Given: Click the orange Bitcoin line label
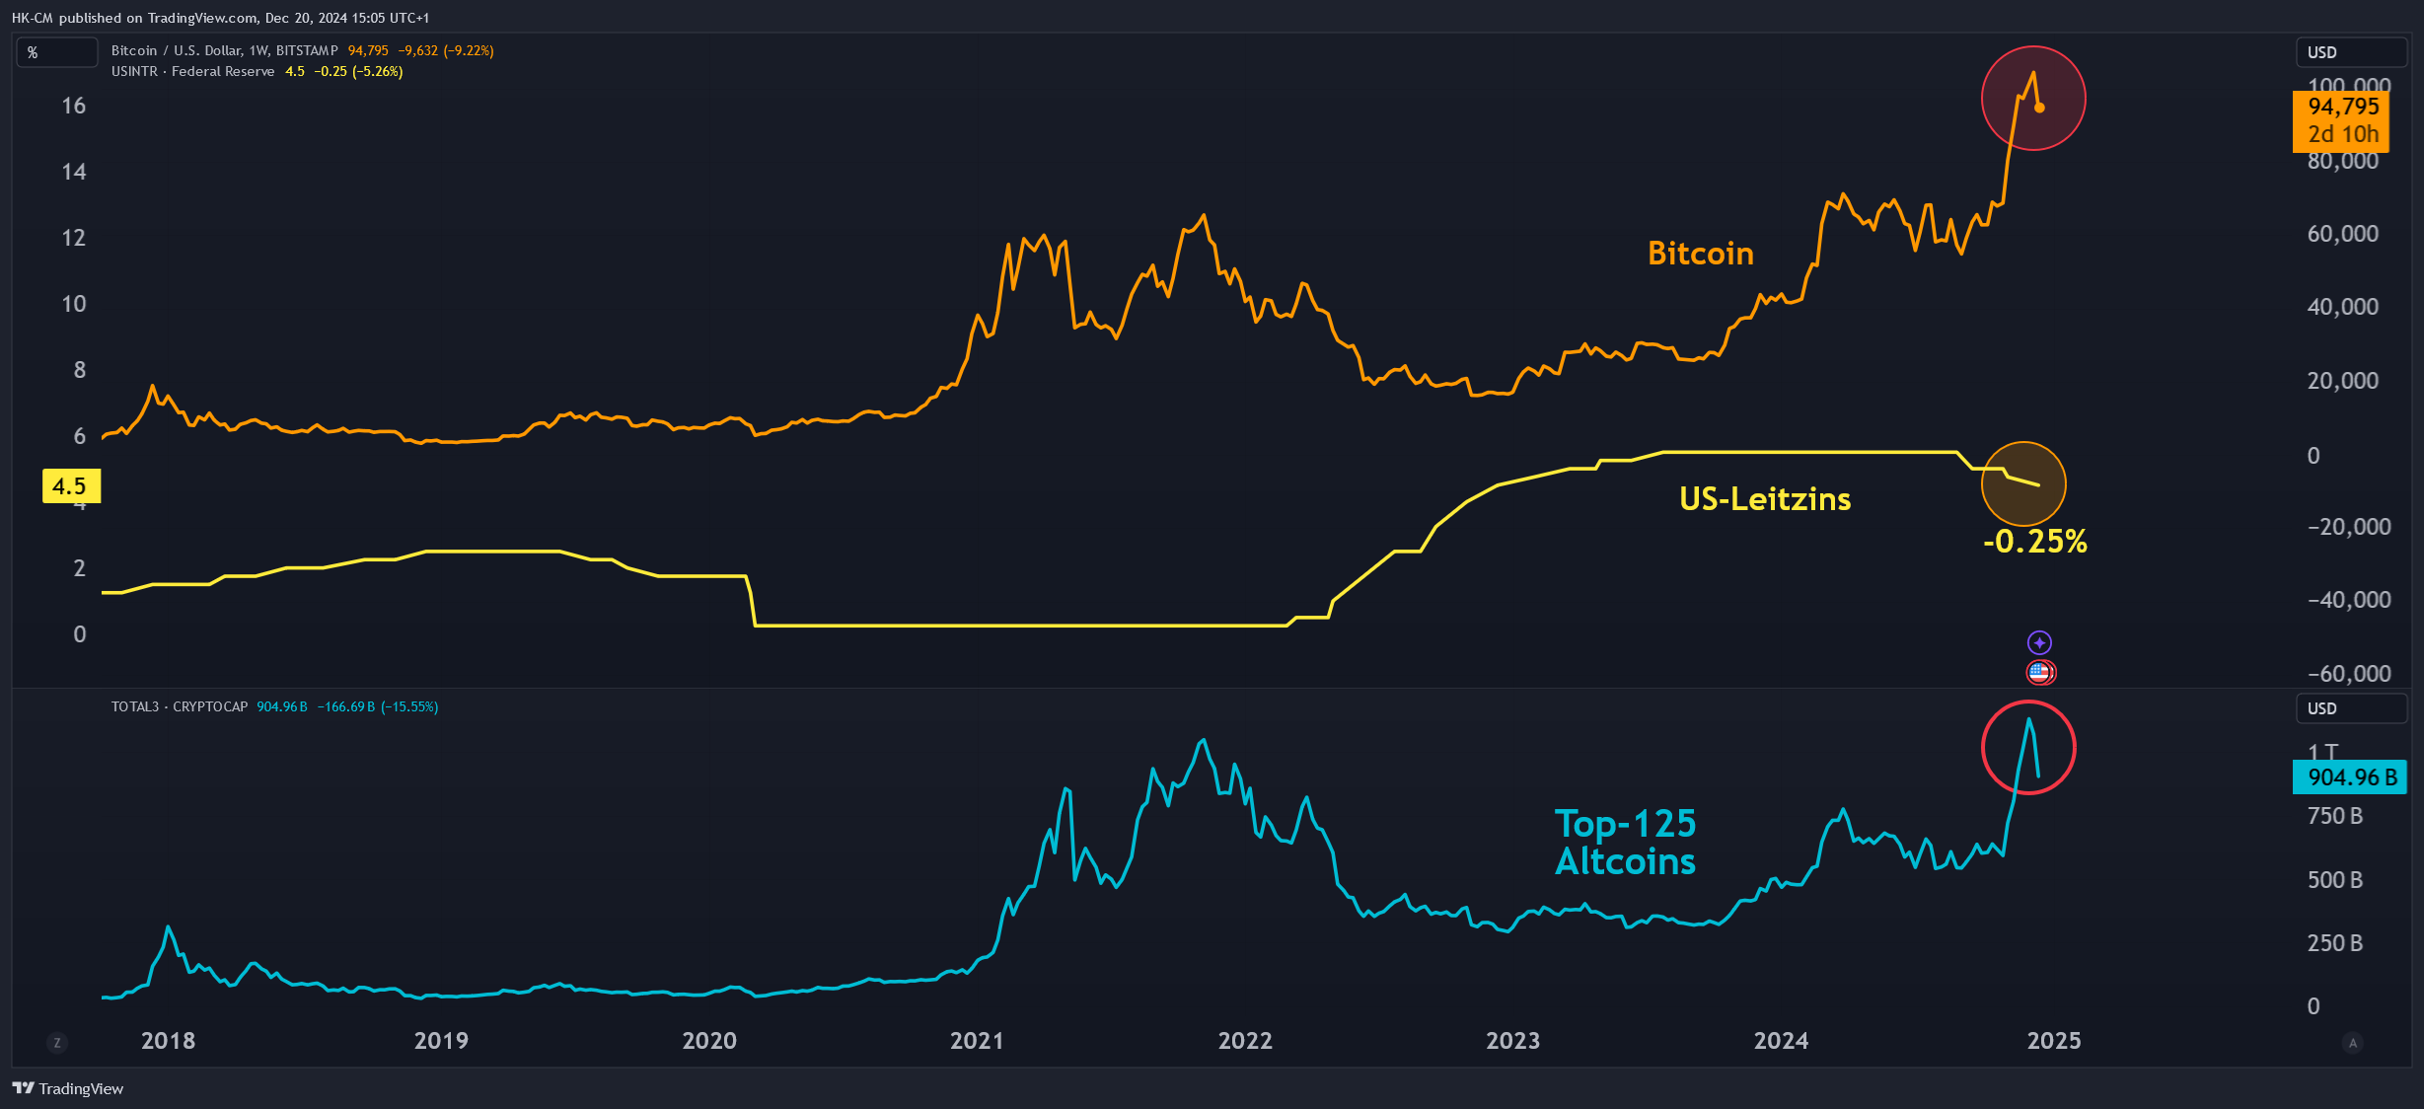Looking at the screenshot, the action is [1701, 254].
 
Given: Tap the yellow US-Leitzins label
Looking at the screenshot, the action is [1765, 499].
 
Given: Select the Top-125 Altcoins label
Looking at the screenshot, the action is [1626, 843].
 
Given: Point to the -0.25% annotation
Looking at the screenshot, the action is [2035, 541].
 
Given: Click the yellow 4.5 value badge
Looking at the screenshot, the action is [70, 486].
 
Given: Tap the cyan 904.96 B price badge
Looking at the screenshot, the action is [2350, 777].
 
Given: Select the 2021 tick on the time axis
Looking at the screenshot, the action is [977, 1041].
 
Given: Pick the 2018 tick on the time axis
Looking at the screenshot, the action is [169, 1041].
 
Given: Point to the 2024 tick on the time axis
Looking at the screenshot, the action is [1781, 1041].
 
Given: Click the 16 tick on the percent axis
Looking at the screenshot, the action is [74, 106].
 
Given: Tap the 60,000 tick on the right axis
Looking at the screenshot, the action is [2343, 234].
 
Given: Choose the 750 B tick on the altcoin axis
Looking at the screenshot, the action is [2335, 816].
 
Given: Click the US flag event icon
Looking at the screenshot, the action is [2039, 673].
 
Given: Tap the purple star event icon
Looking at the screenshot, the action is [2039, 643].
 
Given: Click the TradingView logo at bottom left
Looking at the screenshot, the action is [68, 1088].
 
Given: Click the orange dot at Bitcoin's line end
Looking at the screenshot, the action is [2039, 108].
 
